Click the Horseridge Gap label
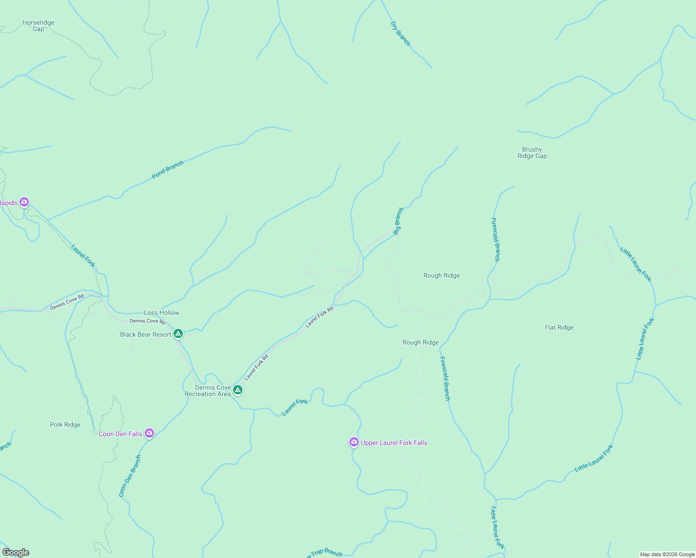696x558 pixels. (38, 26)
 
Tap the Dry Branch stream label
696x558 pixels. (401, 34)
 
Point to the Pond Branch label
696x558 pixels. (167, 170)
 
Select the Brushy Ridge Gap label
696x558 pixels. (532, 153)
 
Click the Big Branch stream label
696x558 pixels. (398, 221)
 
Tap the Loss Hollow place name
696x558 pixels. (161, 312)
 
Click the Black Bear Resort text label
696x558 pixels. (146, 334)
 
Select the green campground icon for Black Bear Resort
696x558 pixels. (178, 334)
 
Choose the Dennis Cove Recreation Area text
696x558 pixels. (208, 391)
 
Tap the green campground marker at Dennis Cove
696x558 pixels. (238, 390)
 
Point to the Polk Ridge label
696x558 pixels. (65, 425)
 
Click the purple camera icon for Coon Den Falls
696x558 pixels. (149, 433)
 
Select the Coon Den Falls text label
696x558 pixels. (120, 434)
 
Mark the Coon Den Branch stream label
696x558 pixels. (130, 476)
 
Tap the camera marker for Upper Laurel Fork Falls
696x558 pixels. (354, 442)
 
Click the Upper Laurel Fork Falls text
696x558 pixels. (394, 443)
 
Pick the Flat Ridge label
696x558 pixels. (559, 327)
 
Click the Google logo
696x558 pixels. (15, 552)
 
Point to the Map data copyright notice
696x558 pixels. (667, 554)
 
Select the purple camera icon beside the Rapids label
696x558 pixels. (24, 202)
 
